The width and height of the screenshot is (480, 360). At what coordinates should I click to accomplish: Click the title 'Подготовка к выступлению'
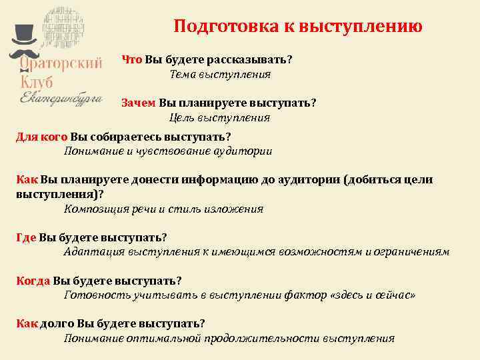(297, 27)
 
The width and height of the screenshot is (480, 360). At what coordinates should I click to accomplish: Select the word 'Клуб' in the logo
(37, 82)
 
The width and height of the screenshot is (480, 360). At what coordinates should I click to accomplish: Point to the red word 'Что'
(131, 59)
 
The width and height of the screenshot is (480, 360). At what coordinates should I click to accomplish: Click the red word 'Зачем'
(138, 103)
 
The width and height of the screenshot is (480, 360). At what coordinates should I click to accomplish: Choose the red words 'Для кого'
(41, 137)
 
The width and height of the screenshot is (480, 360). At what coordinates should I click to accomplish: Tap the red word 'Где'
(26, 237)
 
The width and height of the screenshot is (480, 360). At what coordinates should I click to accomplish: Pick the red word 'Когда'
(33, 280)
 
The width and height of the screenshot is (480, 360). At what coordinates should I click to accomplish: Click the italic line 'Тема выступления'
(220, 74)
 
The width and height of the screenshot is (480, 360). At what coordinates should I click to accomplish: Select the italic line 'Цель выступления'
(219, 117)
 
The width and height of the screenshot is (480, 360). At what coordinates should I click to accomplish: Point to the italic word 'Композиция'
(95, 209)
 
